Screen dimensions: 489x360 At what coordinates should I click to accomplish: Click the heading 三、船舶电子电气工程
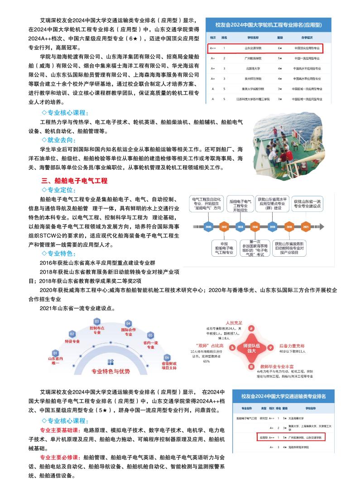tap(74, 181)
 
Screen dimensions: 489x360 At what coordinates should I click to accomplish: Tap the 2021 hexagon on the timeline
tap(306, 227)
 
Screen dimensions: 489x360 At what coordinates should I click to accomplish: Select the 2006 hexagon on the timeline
tap(208, 227)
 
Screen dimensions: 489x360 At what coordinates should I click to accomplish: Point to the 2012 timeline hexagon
tap(223, 227)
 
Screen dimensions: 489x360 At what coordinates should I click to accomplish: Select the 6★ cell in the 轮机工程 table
tap(280, 48)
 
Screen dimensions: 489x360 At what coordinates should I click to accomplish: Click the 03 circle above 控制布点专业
tap(96, 321)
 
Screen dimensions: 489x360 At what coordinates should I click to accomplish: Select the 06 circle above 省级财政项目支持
tap(167, 357)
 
